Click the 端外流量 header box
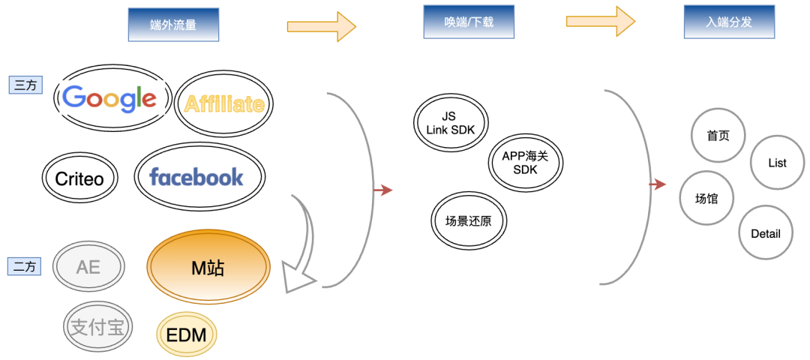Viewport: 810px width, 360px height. tap(173, 25)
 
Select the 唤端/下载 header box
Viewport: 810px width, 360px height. tap(469, 22)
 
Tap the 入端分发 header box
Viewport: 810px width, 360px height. tap(729, 22)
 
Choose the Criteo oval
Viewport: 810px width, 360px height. tap(79, 178)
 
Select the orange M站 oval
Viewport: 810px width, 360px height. tap(208, 267)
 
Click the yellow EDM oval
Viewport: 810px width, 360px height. tap(187, 334)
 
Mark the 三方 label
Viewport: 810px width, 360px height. tap(25, 85)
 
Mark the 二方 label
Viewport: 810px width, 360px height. tap(25, 266)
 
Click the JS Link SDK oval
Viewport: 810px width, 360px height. tap(451, 123)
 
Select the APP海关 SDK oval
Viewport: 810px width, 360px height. tap(525, 163)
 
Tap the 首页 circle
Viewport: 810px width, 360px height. tap(718, 136)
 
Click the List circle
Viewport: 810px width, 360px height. tap(778, 163)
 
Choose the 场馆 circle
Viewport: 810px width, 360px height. tap(707, 199)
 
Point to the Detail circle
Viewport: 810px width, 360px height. tap(766, 233)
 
